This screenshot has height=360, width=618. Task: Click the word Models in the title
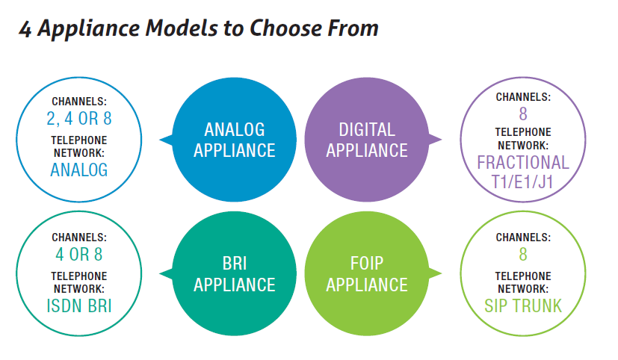(x=182, y=28)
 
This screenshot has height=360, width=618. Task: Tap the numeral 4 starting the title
(x=25, y=29)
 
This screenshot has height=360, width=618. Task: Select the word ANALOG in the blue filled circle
(x=235, y=129)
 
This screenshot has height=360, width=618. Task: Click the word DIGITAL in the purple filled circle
(x=367, y=129)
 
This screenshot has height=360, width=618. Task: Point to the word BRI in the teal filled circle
(x=235, y=264)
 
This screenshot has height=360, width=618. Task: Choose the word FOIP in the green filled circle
(x=367, y=264)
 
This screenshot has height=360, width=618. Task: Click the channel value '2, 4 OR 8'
(x=79, y=119)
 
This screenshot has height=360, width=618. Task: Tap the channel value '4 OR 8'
(x=79, y=255)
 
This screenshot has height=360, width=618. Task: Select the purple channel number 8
(x=523, y=114)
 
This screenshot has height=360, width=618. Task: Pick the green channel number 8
(x=523, y=255)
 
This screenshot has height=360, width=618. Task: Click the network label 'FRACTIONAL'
(x=523, y=163)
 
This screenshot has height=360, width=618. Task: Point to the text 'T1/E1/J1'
(x=522, y=182)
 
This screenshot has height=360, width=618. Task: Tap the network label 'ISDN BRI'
(x=79, y=306)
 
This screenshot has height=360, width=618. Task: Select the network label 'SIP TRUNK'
(x=523, y=306)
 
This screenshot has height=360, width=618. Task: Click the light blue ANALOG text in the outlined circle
(x=79, y=170)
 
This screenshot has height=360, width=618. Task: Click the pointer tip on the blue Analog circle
(x=159, y=140)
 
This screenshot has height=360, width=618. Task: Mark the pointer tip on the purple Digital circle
(x=442, y=139)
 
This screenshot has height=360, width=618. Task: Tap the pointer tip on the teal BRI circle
(x=159, y=273)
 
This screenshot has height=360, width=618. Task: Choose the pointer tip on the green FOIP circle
(x=442, y=273)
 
